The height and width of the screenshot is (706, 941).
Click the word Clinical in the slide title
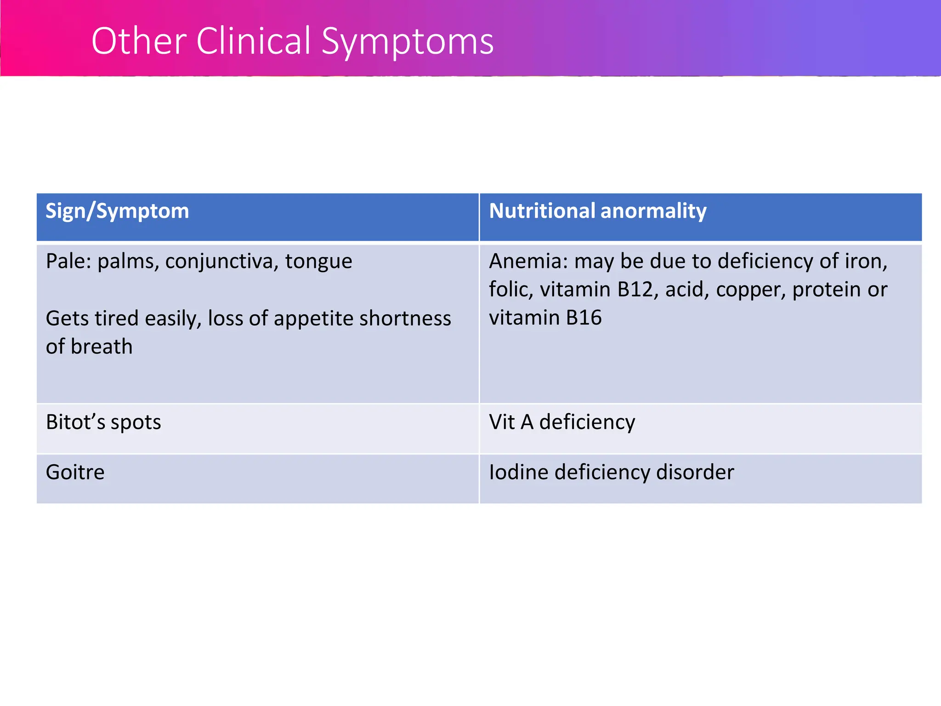coord(254,41)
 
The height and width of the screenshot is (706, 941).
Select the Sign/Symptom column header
coord(117,211)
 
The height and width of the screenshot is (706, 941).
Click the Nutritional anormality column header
coord(597,211)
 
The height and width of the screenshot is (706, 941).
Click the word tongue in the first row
coord(318,262)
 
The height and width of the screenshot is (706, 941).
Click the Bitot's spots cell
coord(103,422)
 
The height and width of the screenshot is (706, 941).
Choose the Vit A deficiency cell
coord(562,422)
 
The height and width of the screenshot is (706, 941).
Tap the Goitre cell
coord(75,472)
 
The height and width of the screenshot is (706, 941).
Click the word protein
coord(826,290)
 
